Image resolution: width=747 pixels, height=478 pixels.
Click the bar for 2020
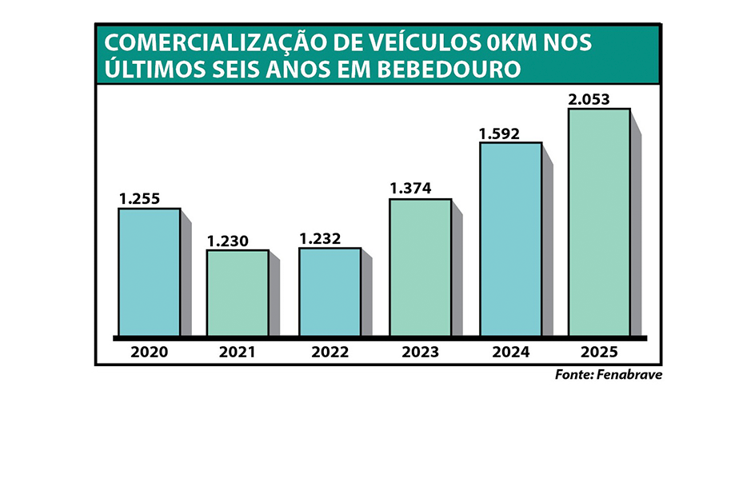tap(150, 272)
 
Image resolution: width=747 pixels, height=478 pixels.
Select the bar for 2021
tap(238, 293)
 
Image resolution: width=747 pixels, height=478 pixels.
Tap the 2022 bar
tap(330, 292)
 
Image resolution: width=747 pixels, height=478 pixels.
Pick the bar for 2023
tap(420, 267)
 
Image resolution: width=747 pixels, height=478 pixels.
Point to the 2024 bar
tap(511, 239)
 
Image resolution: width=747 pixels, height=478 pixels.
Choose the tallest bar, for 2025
tap(599, 221)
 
